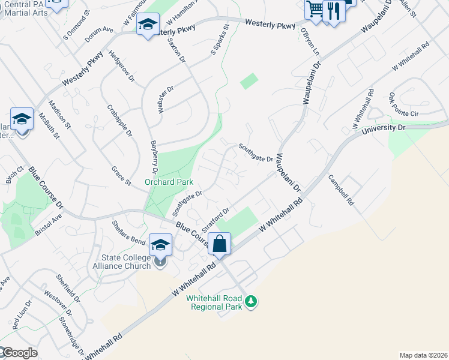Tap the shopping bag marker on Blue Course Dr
(x=220, y=244)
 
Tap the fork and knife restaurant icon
(x=332, y=10)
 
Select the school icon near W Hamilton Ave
(x=147, y=25)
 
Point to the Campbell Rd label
(x=341, y=190)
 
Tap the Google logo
(x=19, y=353)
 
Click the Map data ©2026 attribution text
(x=423, y=355)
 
